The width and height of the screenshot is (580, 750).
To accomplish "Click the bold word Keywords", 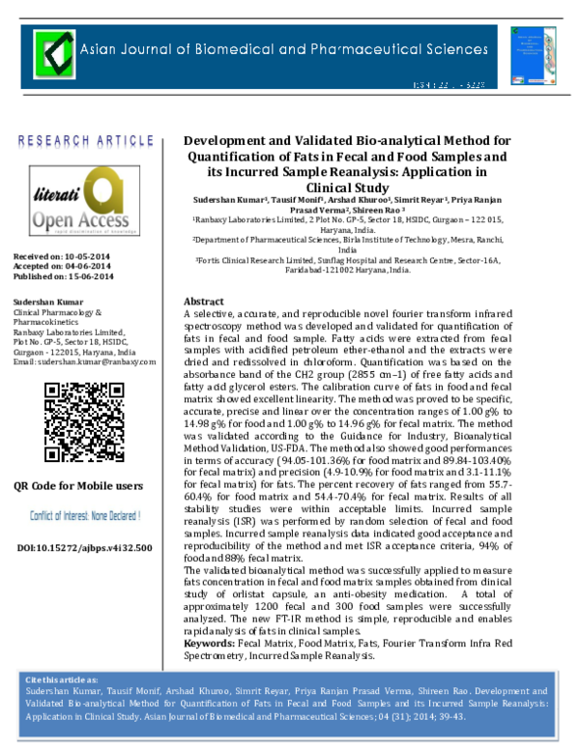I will (x=210, y=642).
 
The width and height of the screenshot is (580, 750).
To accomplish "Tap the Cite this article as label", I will (x=63, y=679).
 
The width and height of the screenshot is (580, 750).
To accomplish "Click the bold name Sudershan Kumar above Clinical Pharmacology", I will (x=44, y=303).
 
